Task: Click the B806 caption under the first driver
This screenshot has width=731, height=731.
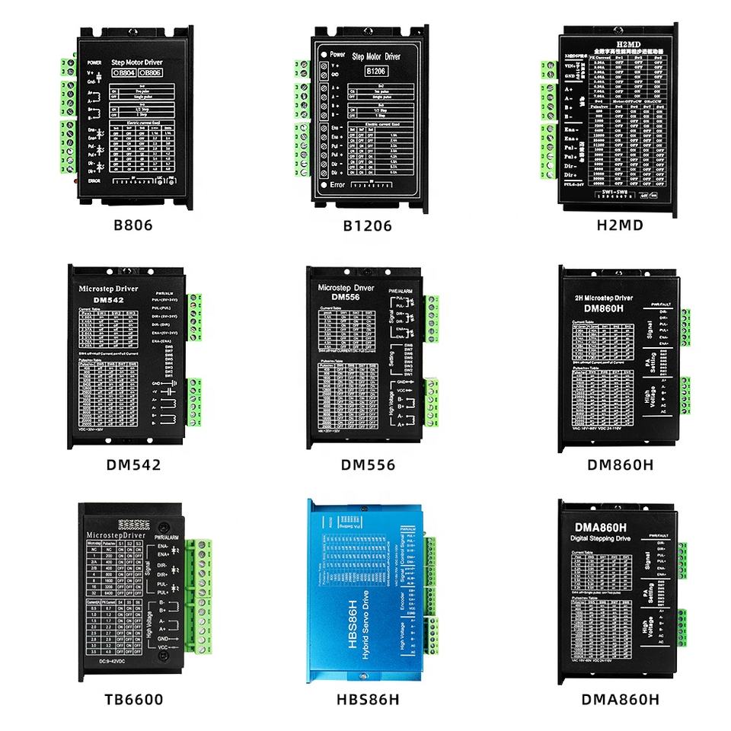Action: point(132,225)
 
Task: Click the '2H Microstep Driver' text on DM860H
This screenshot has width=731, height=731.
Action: point(602,297)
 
